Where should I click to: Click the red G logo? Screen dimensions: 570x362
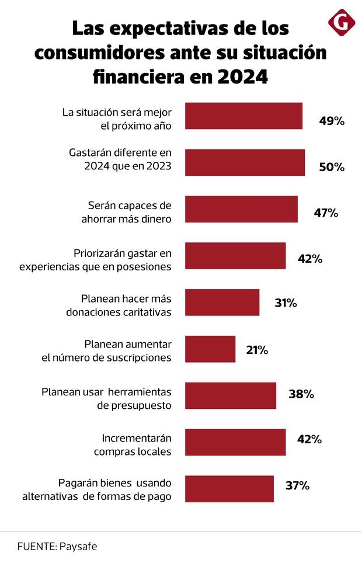[x=342, y=22]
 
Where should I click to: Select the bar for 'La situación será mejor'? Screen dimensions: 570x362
[x=243, y=116]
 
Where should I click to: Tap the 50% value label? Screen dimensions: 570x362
[x=332, y=167]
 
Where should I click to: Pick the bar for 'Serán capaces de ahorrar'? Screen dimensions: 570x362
[x=241, y=209]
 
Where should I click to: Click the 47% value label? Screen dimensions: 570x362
[x=326, y=213]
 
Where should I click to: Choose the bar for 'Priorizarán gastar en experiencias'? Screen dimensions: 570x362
[x=235, y=256]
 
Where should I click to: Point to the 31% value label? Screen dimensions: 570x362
[x=286, y=303]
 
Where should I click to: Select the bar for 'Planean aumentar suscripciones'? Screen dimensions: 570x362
[x=210, y=349]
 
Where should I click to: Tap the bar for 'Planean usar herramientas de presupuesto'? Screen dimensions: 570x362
[x=231, y=396]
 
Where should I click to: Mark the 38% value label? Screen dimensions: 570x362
[x=301, y=394]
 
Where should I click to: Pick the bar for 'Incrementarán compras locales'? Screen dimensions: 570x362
[x=235, y=442]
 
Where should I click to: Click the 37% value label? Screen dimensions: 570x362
[x=297, y=485]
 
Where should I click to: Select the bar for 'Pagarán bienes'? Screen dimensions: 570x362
[x=229, y=489]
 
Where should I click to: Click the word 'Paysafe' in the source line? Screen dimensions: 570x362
[x=78, y=547]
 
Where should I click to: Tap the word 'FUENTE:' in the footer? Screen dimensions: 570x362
[x=37, y=547]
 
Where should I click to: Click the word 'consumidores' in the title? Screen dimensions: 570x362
[x=105, y=52]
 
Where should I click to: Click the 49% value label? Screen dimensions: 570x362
[x=332, y=121]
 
